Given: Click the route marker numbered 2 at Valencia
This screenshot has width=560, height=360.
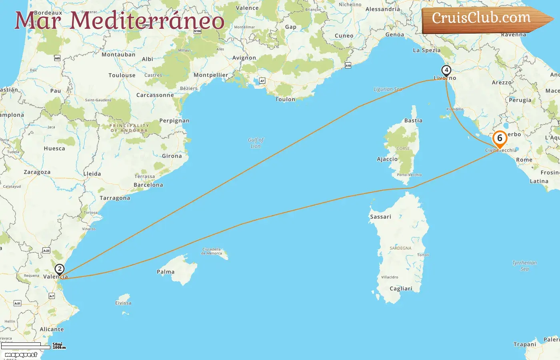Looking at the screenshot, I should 59,269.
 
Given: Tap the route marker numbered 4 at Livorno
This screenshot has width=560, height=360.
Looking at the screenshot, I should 446,70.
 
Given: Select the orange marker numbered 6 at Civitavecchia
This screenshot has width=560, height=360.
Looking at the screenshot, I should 500,139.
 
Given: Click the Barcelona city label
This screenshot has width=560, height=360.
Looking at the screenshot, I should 148,185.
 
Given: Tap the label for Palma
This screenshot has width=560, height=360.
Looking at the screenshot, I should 166,272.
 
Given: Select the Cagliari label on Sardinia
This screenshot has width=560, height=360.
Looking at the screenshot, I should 401,289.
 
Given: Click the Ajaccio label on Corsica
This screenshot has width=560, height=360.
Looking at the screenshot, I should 387,159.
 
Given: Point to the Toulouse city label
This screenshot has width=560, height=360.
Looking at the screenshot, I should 122,75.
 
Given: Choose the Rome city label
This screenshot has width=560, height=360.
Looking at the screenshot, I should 524,160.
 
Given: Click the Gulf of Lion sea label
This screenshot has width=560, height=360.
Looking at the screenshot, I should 256,143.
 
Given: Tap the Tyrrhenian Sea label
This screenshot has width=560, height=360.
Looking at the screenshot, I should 524,266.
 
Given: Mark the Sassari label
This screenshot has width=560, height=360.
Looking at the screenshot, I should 380,217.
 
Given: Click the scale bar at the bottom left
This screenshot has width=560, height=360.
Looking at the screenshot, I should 26,346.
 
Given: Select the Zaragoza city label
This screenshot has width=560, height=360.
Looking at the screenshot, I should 37,172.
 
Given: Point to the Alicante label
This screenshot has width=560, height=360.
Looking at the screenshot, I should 52,330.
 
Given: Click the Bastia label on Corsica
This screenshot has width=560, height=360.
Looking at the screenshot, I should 413,120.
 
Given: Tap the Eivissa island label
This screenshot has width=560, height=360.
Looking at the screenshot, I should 123,303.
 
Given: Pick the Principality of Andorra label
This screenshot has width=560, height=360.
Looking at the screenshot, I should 129,128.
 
